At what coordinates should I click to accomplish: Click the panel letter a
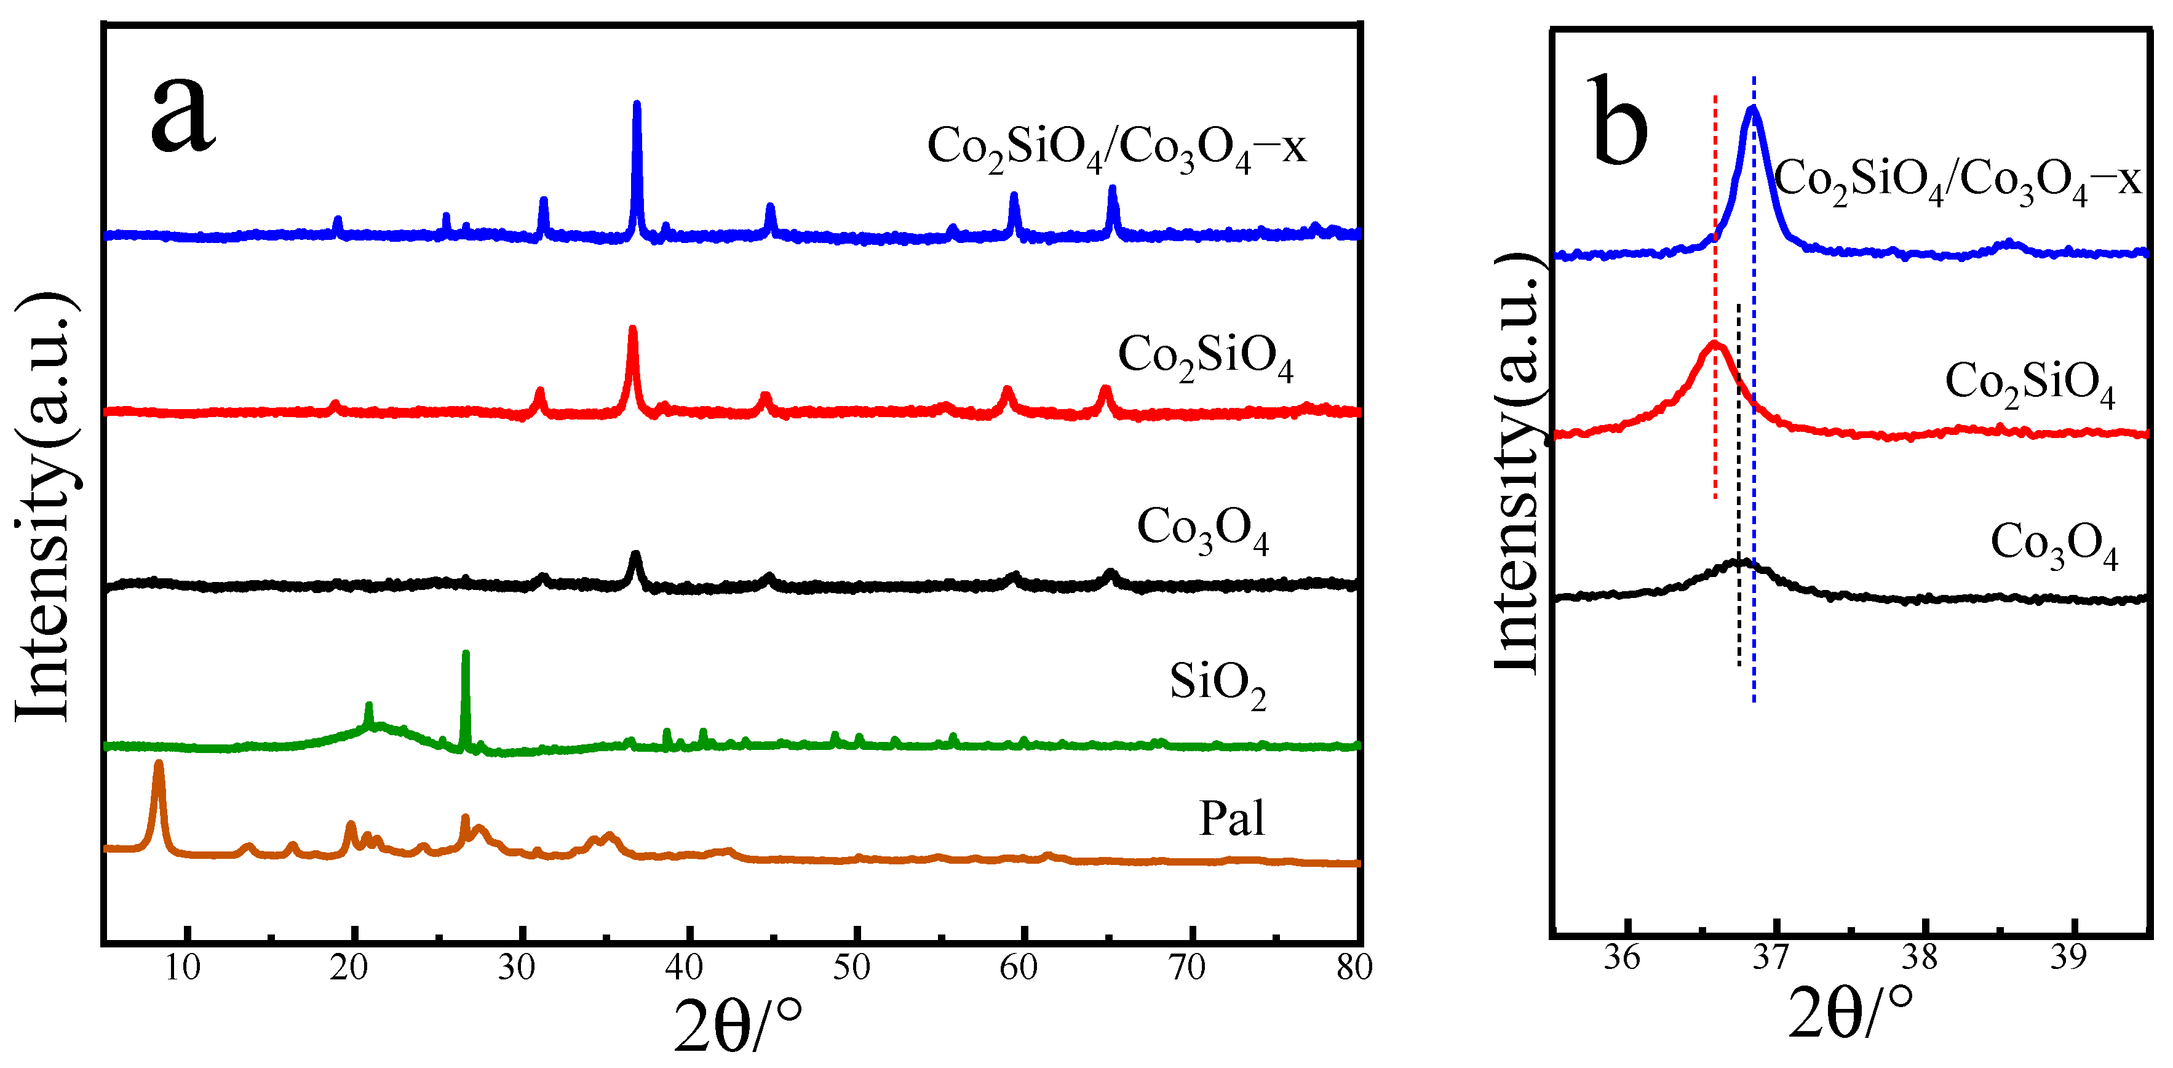coord(183,116)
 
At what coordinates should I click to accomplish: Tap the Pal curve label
coord(1231,818)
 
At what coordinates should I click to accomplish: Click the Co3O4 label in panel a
coord(1202,530)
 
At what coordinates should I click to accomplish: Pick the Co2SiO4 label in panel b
coord(2028,384)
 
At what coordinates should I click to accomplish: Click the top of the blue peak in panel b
coord(1754,110)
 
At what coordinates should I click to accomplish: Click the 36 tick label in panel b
coord(1621,958)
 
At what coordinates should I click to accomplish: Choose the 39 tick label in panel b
coord(2068,958)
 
